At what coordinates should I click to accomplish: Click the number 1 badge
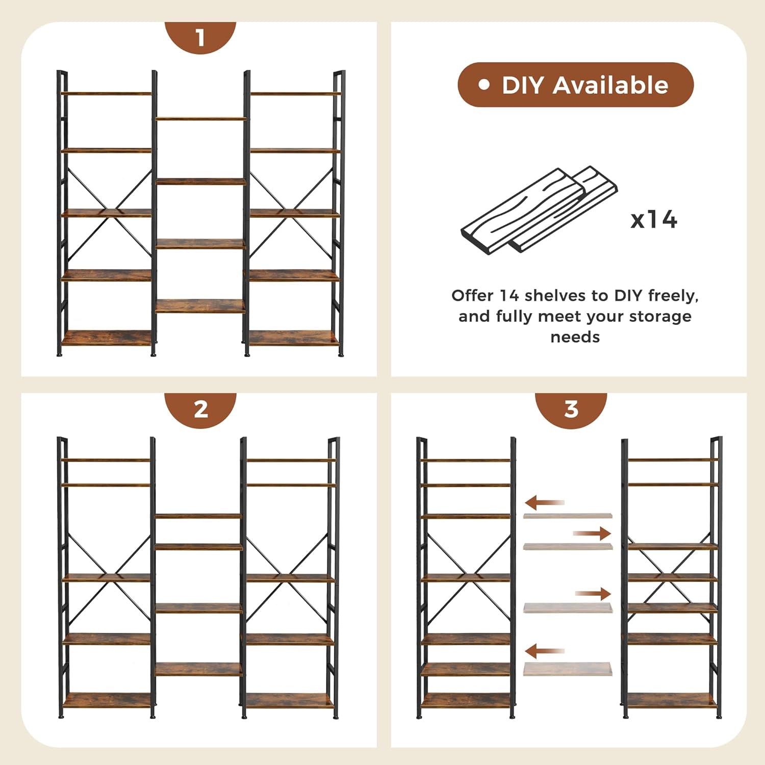(200, 37)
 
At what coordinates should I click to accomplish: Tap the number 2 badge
(200, 409)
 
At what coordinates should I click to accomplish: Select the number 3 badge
(571, 409)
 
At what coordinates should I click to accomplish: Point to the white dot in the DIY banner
(483, 85)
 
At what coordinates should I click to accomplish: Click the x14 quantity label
(653, 220)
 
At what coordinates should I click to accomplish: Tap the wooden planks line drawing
(539, 210)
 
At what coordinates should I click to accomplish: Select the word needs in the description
(575, 337)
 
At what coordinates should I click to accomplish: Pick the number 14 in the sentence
(508, 295)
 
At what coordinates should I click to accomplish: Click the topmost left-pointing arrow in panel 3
(544, 503)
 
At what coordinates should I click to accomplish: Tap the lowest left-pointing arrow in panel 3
(544, 651)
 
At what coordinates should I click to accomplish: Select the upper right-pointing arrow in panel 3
(592, 533)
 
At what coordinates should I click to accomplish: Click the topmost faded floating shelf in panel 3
(567, 516)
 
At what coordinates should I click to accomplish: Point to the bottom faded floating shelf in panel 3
(567, 669)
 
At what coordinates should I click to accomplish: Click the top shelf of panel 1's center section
(200, 119)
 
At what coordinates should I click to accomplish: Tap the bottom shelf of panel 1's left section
(106, 338)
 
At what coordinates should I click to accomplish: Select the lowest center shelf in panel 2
(198, 669)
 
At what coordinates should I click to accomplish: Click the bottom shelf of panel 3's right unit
(672, 700)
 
